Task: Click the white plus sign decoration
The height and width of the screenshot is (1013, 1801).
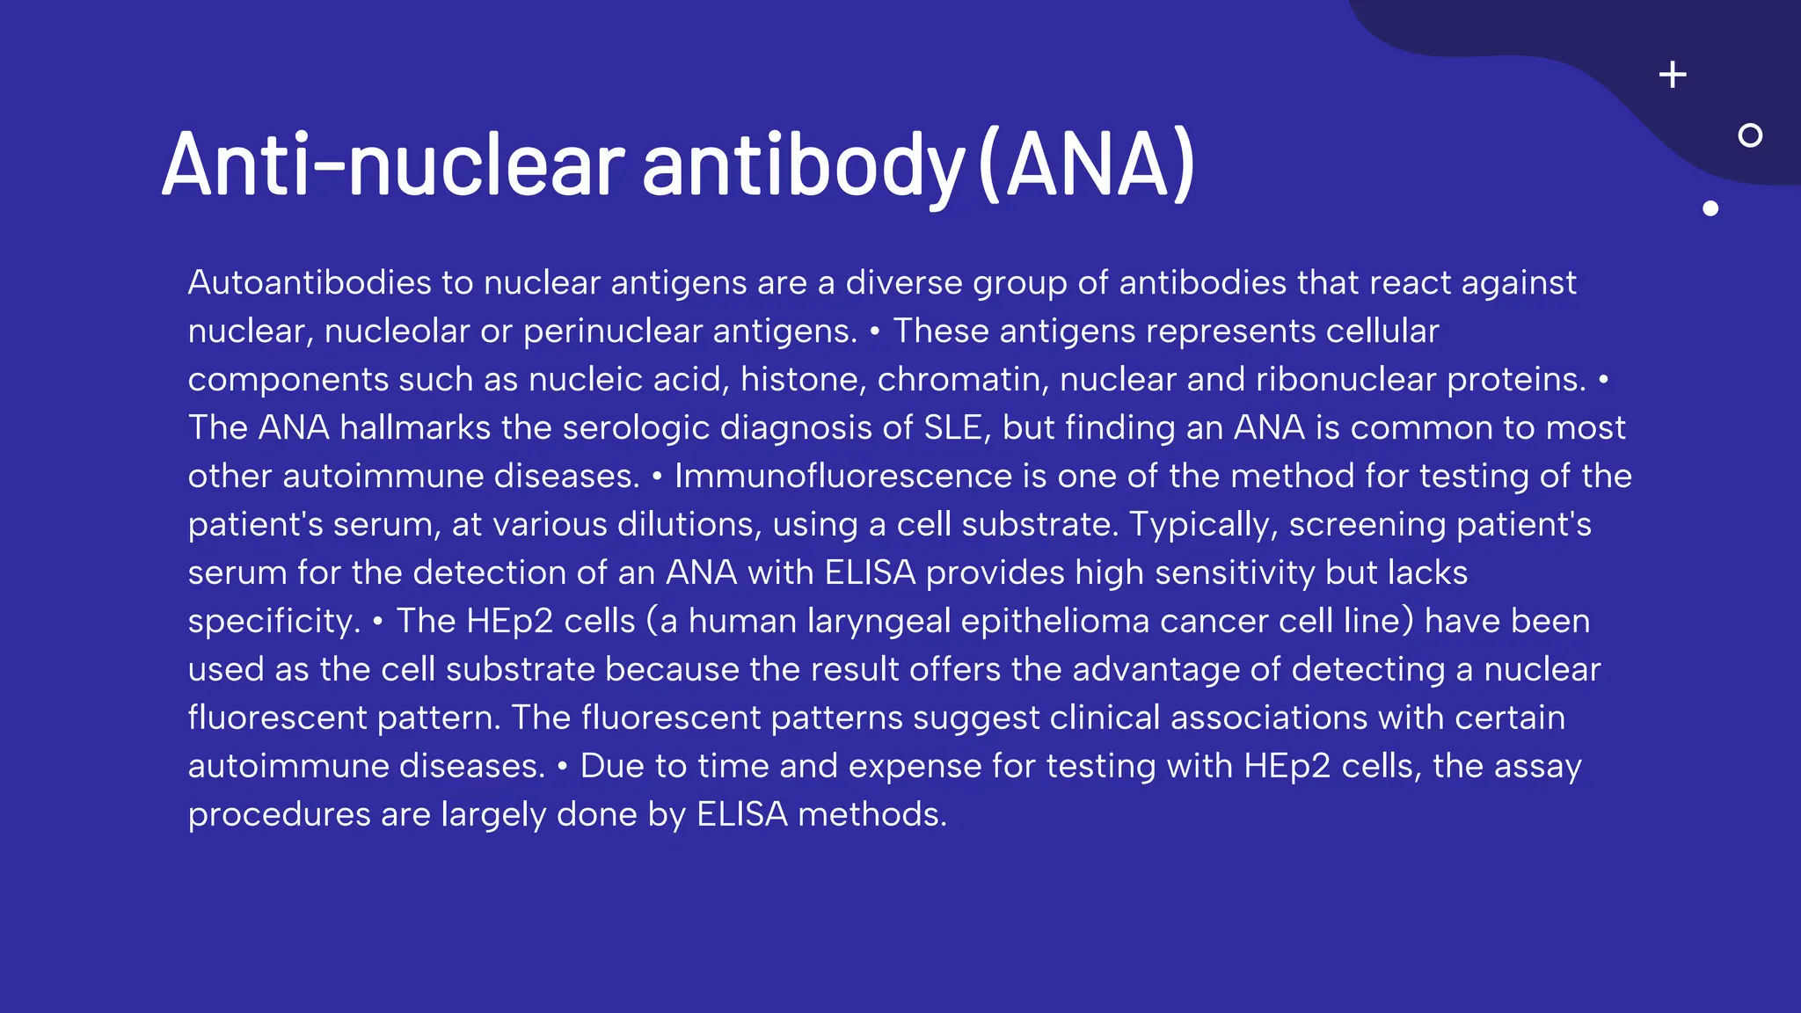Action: coord(1673,75)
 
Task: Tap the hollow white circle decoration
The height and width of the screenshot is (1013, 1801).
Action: coord(1750,135)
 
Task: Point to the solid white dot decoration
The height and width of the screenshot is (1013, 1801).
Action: coord(1710,208)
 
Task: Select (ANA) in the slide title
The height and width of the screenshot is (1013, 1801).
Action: coord(1086,165)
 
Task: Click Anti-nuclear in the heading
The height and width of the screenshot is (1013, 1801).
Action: coord(393,165)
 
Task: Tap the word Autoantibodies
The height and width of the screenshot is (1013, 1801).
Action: coord(310,283)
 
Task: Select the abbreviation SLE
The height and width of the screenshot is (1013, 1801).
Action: coord(952,428)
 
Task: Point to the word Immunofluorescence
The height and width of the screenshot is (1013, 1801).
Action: coord(843,477)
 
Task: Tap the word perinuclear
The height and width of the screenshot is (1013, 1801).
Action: coord(613,332)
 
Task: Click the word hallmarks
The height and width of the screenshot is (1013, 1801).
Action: coord(415,428)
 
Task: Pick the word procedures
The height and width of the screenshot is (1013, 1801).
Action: coord(279,815)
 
